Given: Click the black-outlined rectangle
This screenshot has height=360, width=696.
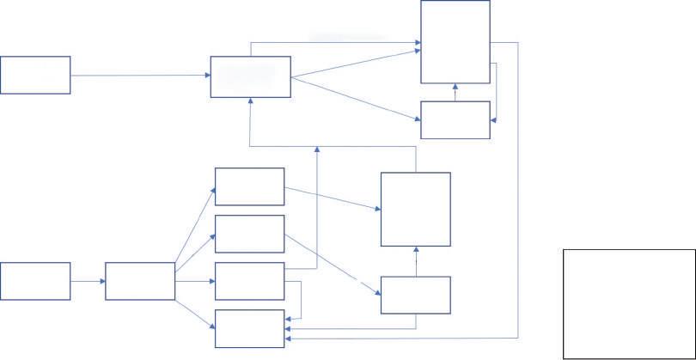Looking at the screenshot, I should tap(629, 303).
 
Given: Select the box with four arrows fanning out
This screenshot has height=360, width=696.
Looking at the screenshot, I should tap(140, 282).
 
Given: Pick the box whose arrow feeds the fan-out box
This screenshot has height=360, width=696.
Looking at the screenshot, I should tap(35, 281).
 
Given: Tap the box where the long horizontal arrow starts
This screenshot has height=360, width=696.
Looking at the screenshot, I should tap(35, 75).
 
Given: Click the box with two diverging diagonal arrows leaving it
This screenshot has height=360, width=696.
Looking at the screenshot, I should tap(251, 77).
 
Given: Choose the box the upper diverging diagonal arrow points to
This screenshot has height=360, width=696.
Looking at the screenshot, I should tap(455, 42).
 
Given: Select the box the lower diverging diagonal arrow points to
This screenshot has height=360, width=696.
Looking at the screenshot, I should tap(455, 119).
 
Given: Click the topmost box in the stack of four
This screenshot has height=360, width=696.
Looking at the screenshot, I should tap(249, 186).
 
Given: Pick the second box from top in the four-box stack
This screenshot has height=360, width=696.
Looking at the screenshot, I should tap(249, 234).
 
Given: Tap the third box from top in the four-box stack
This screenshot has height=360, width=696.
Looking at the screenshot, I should tap(249, 281).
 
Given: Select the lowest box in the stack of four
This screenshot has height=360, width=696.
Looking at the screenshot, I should tap(249, 329).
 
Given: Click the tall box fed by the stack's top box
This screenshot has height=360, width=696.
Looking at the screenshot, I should tap(415, 209).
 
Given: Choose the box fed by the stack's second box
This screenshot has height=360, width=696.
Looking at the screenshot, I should tap(415, 295).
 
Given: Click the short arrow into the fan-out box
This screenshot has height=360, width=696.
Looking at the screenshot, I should tap(88, 281).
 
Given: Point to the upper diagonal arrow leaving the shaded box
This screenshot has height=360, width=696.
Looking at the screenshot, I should tap(356, 64).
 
